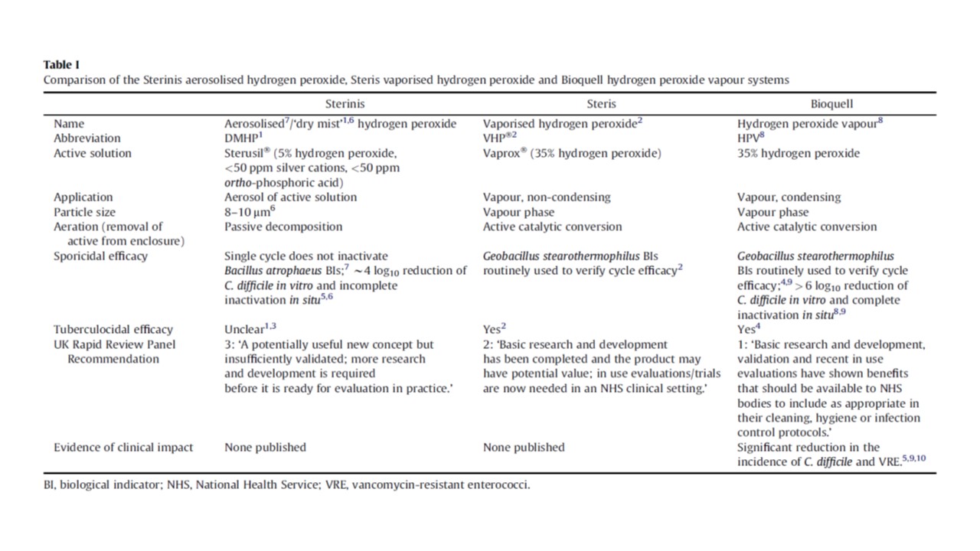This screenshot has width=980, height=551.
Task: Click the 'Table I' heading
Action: [60, 65]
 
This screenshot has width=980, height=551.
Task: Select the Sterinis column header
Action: [344, 103]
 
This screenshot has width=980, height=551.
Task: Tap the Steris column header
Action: [601, 103]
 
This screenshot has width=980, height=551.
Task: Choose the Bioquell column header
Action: [833, 103]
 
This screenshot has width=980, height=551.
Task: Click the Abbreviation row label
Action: [87, 139]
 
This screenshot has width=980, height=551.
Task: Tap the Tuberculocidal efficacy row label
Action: [113, 330]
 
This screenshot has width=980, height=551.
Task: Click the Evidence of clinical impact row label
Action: [123, 448]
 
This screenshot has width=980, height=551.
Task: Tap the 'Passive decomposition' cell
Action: [283, 227]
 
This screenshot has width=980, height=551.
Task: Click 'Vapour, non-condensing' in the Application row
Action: [547, 197]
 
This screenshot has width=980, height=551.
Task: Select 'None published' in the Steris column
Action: [524, 448]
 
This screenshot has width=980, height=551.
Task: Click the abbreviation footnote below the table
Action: [286, 485]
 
